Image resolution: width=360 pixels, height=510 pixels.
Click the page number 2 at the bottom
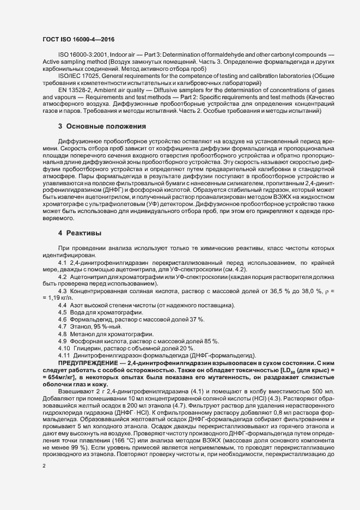point(44,466)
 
